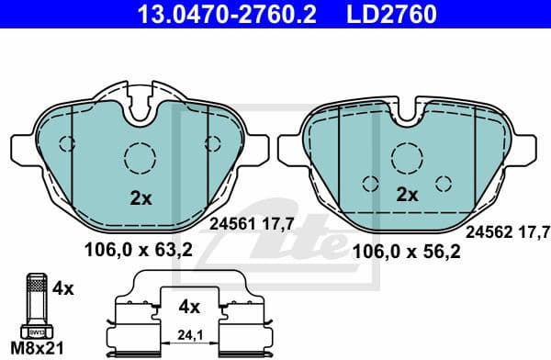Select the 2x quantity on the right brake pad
click(406, 195)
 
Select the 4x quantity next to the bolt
click(63, 287)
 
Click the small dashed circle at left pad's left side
click(66, 142)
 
